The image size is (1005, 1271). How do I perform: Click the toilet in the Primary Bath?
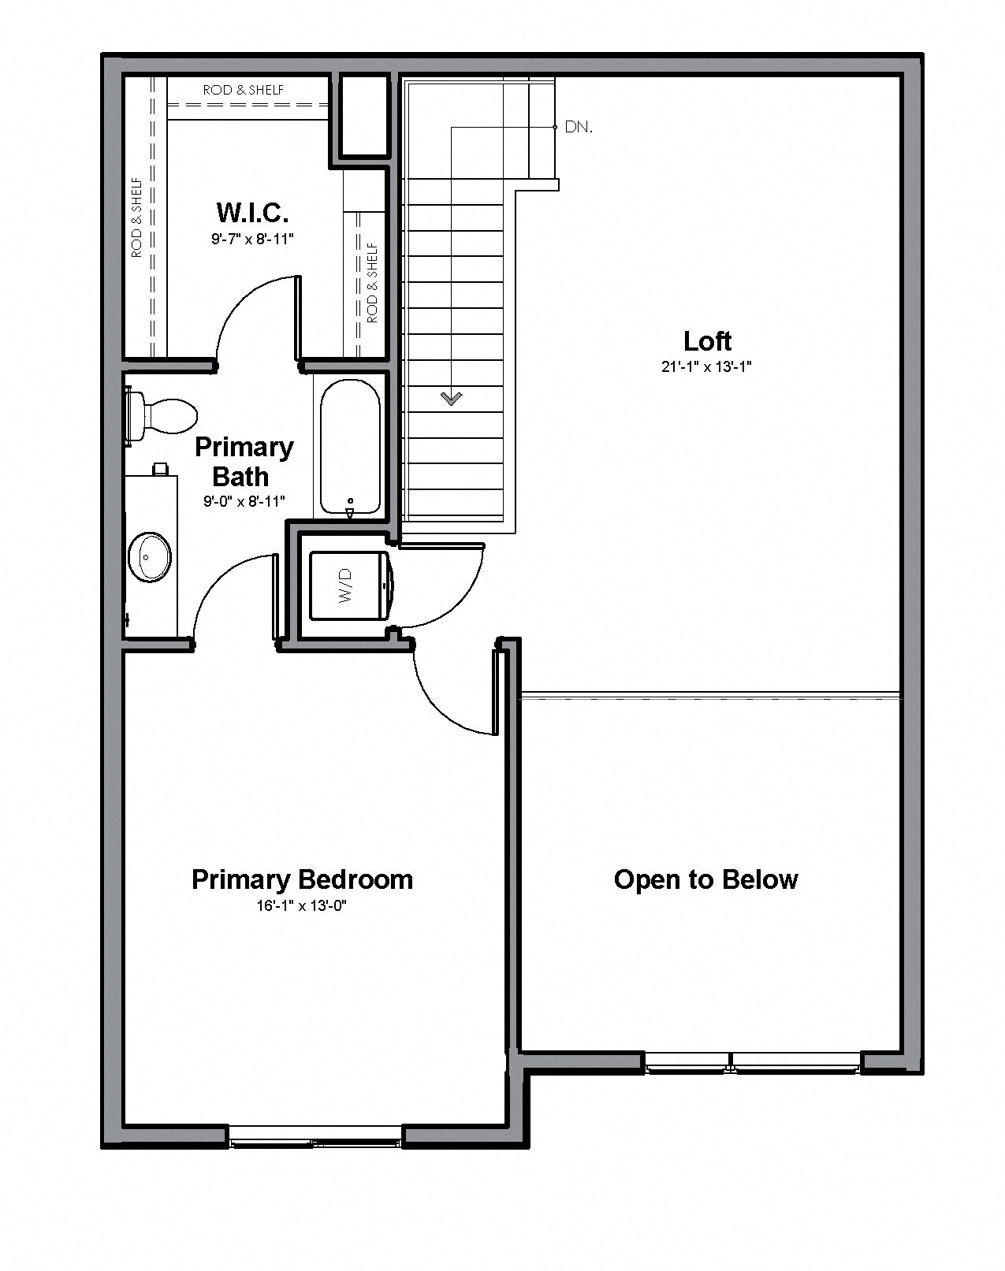coord(162,414)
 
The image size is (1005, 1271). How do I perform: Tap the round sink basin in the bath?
coord(149,556)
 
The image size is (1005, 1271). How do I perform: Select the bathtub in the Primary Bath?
coord(350,447)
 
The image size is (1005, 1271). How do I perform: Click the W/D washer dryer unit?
coord(349,585)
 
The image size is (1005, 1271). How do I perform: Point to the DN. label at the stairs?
coord(579,127)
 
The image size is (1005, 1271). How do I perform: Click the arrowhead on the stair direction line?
coord(452,399)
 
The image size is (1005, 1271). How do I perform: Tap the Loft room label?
coord(707,341)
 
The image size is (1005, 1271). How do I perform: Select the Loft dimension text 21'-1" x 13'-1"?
coord(707,366)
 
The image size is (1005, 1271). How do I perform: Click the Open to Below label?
coord(705,879)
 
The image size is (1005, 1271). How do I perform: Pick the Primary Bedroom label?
coord(302,879)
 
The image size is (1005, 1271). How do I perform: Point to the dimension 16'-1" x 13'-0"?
coord(302,906)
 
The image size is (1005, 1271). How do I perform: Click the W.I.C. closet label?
coord(252,212)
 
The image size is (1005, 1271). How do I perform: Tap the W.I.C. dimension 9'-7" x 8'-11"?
coord(252,239)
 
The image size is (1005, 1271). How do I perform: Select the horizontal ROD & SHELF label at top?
coord(244,90)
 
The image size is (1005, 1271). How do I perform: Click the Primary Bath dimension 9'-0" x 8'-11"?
coord(244,501)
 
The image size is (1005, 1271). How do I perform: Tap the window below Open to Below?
coord(753,1064)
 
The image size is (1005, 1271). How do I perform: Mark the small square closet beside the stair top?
coord(364,115)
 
